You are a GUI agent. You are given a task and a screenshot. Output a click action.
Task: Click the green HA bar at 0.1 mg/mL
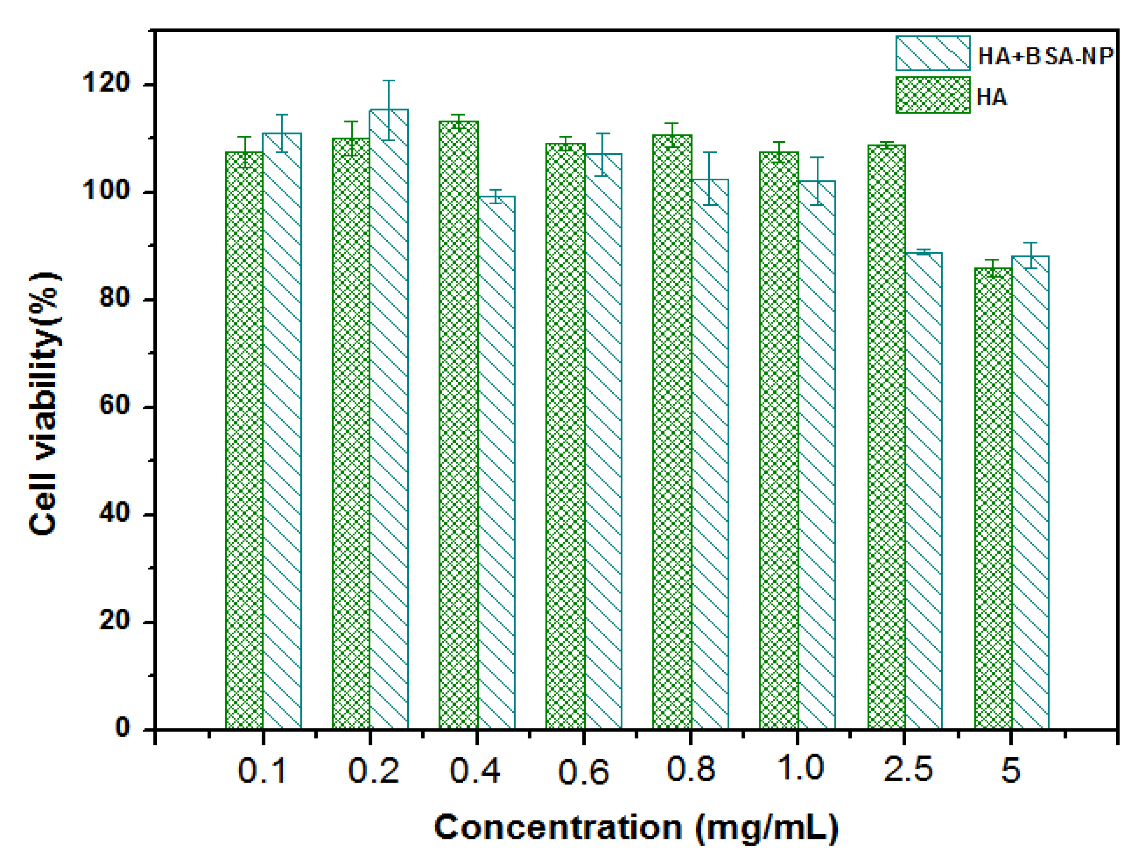[x=245, y=440]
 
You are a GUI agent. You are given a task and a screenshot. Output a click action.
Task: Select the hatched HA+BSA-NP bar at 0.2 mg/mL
[x=389, y=418]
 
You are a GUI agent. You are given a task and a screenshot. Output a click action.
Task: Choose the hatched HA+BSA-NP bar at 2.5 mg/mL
[x=924, y=491]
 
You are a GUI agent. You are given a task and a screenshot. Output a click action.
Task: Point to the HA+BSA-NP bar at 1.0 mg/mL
[x=816, y=455]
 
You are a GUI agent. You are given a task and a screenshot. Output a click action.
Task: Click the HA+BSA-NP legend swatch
[x=933, y=53]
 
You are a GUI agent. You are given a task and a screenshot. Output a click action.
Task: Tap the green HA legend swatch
[x=933, y=95]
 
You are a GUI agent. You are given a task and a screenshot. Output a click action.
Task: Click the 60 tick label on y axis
[x=114, y=405]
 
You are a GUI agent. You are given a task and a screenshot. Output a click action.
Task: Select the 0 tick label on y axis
[x=123, y=727]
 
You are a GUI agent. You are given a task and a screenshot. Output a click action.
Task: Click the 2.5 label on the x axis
[x=908, y=769]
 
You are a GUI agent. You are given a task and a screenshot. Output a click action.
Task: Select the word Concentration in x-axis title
[x=558, y=827]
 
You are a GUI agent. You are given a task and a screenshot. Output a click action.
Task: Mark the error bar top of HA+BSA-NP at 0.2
[x=389, y=80]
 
